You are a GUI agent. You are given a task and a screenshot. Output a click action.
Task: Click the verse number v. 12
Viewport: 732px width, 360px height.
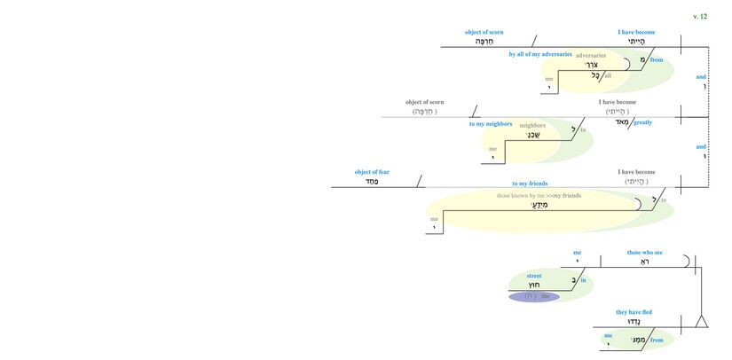[x=699, y=16]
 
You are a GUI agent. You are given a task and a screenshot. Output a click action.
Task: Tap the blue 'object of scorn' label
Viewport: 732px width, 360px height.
[x=484, y=32]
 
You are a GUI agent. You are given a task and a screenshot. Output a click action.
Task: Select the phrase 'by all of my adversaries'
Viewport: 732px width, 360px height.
[x=539, y=54]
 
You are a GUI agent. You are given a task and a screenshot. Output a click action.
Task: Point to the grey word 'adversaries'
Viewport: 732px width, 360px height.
[x=590, y=55]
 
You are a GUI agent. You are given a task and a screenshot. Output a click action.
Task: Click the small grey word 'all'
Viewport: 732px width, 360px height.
[x=608, y=75]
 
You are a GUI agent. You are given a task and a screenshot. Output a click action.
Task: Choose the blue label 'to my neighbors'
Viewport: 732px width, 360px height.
[x=491, y=124]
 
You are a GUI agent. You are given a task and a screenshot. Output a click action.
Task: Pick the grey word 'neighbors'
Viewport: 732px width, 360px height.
[x=532, y=125]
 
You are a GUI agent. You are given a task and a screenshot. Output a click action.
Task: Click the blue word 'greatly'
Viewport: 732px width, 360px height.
[x=642, y=122]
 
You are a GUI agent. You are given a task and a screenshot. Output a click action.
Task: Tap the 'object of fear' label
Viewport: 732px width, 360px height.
[x=372, y=172]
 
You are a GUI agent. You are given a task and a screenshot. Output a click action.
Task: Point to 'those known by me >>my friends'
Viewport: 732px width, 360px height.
[x=539, y=195]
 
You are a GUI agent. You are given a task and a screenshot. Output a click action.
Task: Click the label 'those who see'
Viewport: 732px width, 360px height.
[x=644, y=253]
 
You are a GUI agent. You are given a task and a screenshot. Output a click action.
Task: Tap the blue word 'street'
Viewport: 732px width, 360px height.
[x=534, y=276]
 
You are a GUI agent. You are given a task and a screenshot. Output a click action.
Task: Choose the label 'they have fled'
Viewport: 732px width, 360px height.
[x=634, y=312]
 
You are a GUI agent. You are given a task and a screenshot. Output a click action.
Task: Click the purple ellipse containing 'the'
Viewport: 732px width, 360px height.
[x=534, y=297]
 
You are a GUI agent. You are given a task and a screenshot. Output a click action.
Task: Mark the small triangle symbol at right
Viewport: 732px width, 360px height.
[x=701, y=321]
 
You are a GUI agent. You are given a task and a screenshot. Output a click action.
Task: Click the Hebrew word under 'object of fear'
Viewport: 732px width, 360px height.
[x=372, y=182]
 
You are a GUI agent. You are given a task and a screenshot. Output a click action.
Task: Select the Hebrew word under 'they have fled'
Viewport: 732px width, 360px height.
[x=634, y=322]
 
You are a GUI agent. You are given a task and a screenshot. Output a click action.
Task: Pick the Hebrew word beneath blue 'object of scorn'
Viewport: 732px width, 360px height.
[x=484, y=42]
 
